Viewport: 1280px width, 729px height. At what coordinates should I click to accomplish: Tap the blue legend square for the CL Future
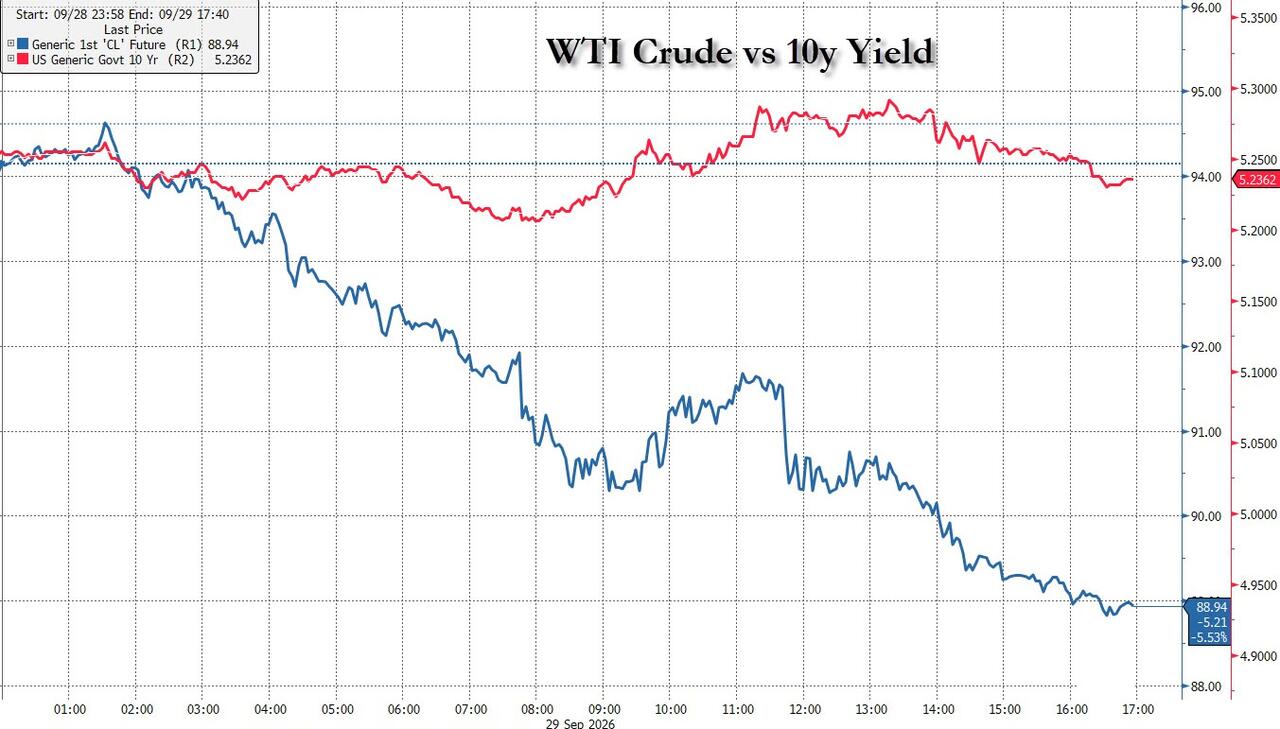pyautogui.click(x=23, y=44)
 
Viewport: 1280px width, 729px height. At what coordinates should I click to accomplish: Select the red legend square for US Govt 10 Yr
pyautogui.click(x=23, y=59)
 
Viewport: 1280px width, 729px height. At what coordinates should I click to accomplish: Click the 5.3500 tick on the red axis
pyautogui.click(x=1257, y=19)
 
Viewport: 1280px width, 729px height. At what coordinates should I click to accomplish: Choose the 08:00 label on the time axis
pyautogui.click(x=537, y=709)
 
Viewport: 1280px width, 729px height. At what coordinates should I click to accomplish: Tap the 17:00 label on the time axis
pyautogui.click(x=1138, y=709)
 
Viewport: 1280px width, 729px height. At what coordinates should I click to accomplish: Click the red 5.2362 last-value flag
pyautogui.click(x=1257, y=179)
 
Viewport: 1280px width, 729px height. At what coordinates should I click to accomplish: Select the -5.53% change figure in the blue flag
pyautogui.click(x=1211, y=637)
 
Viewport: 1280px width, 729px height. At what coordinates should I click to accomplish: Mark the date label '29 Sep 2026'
pyautogui.click(x=580, y=724)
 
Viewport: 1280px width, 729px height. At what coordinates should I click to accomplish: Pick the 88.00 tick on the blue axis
pyautogui.click(x=1205, y=686)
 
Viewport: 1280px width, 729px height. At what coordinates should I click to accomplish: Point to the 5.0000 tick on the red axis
pyautogui.click(x=1257, y=515)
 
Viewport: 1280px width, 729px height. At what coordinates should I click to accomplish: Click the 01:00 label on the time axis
pyautogui.click(x=70, y=709)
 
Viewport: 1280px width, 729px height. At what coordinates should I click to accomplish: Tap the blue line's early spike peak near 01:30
pyautogui.click(x=105, y=123)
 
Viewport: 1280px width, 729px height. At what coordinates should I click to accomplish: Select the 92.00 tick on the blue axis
pyautogui.click(x=1205, y=347)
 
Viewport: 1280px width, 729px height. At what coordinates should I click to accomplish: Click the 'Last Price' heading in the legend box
pyautogui.click(x=133, y=29)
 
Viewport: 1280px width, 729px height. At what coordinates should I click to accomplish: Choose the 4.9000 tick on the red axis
pyautogui.click(x=1257, y=656)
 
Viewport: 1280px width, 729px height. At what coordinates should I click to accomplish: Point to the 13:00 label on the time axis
pyautogui.click(x=871, y=709)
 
